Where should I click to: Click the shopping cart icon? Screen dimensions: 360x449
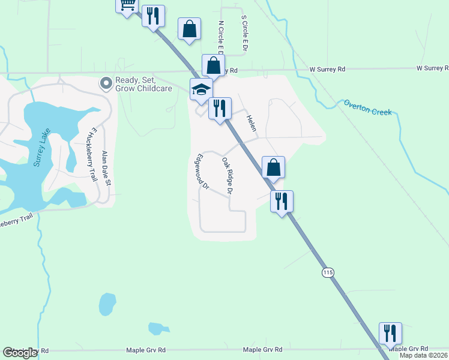point(127,5)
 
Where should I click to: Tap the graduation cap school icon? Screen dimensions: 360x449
point(201,89)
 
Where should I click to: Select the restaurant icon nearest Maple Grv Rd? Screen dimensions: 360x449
point(390,333)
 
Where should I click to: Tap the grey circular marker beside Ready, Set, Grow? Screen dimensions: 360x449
point(107,83)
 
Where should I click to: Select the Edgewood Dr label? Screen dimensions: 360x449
point(201,173)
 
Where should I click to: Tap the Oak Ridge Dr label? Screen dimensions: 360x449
point(227,176)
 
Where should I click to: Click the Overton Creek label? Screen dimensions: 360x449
point(367,107)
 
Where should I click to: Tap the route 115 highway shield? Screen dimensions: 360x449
point(327,272)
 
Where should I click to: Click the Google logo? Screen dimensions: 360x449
point(20,352)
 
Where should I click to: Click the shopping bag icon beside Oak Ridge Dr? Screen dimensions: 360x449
point(273,167)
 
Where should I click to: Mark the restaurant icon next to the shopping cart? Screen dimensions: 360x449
point(153,15)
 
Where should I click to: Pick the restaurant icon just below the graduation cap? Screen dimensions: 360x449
point(220,108)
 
